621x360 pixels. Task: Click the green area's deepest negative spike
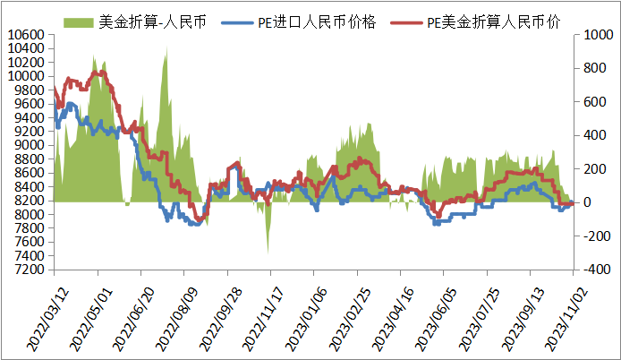click(268, 251)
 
